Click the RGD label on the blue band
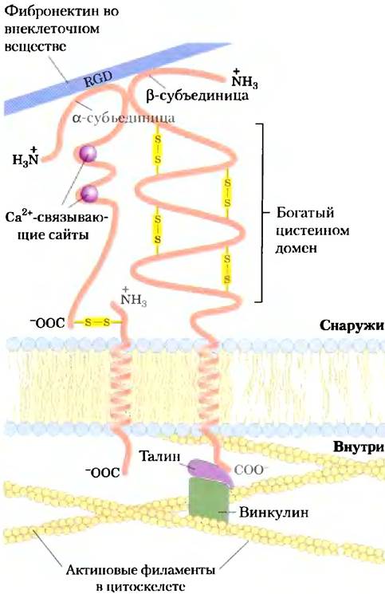pyautogui.click(x=98, y=79)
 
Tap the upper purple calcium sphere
pyautogui.click(x=88, y=153)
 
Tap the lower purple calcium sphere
pyautogui.click(x=88, y=194)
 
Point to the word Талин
pyautogui.click(x=159, y=455)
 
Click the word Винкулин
pyautogui.click(x=273, y=513)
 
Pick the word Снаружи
pyautogui.click(x=352, y=325)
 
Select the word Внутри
pyautogui.click(x=358, y=446)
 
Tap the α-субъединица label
pyautogui.click(x=124, y=118)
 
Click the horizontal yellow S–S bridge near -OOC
pyautogui.click(x=97, y=322)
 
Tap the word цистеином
pyautogui.click(x=312, y=230)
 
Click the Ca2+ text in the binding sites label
pyautogui.click(x=20, y=216)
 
